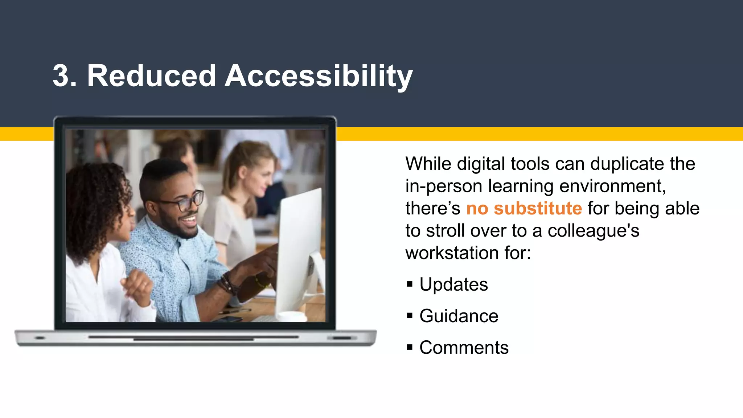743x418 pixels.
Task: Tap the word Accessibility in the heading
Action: click(319, 76)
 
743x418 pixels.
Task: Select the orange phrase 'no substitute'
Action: click(524, 208)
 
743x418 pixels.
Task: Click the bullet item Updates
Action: click(453, 284)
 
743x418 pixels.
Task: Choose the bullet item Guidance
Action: click(459, 316)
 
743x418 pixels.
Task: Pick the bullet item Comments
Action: click(464, 347)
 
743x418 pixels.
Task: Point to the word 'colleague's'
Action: click(593, 231)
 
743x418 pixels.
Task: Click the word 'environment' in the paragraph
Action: click(612, 186)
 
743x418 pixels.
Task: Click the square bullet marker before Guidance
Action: click(410, 316)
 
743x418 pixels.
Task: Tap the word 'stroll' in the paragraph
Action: click(445, 231)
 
